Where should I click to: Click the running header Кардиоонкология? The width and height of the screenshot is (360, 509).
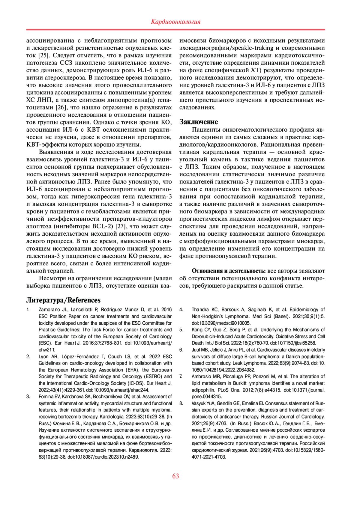pos(175,22)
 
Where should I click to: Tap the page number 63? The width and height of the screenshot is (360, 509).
pos(175,476)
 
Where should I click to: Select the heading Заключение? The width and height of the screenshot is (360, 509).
pos(199,122)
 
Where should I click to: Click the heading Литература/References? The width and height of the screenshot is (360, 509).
pos(63,300)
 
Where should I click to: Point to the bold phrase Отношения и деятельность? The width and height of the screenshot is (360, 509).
pos(229,271)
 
